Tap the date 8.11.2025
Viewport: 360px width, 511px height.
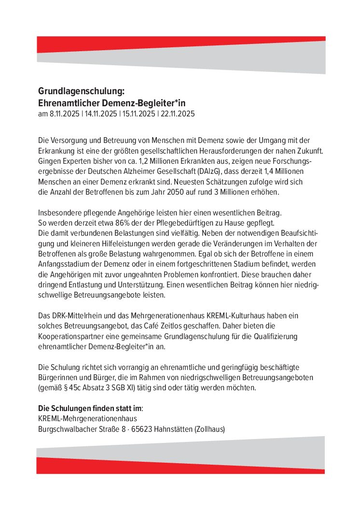(64, 114)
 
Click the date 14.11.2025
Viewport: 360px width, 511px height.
(101, 114)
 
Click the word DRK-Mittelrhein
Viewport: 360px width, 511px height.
(75, 315)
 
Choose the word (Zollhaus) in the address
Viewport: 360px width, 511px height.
(209, 429)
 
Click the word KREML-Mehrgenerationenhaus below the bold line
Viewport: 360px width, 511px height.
(87, 418)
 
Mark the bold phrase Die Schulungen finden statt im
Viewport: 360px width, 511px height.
(90, 408)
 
